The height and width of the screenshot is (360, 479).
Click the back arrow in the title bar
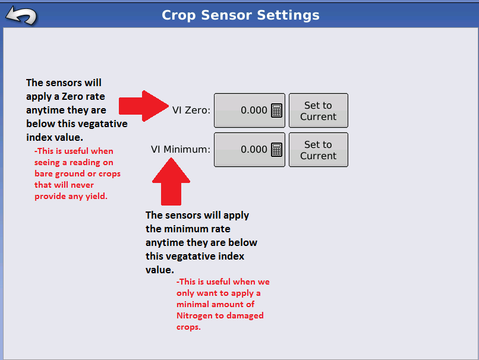[21, 15]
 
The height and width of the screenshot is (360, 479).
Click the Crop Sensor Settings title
[240, 15]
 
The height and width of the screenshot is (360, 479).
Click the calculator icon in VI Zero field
[276, 110]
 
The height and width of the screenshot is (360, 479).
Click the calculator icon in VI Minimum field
[276, 150]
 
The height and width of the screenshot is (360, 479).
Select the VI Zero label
[191, 110]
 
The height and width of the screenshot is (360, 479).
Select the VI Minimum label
[180, 150]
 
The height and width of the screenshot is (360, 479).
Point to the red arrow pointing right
[144, 106]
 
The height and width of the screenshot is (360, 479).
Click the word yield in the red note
[95, 196]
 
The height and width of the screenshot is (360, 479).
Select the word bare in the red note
[43, 173]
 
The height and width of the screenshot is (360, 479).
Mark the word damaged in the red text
[249, 315]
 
